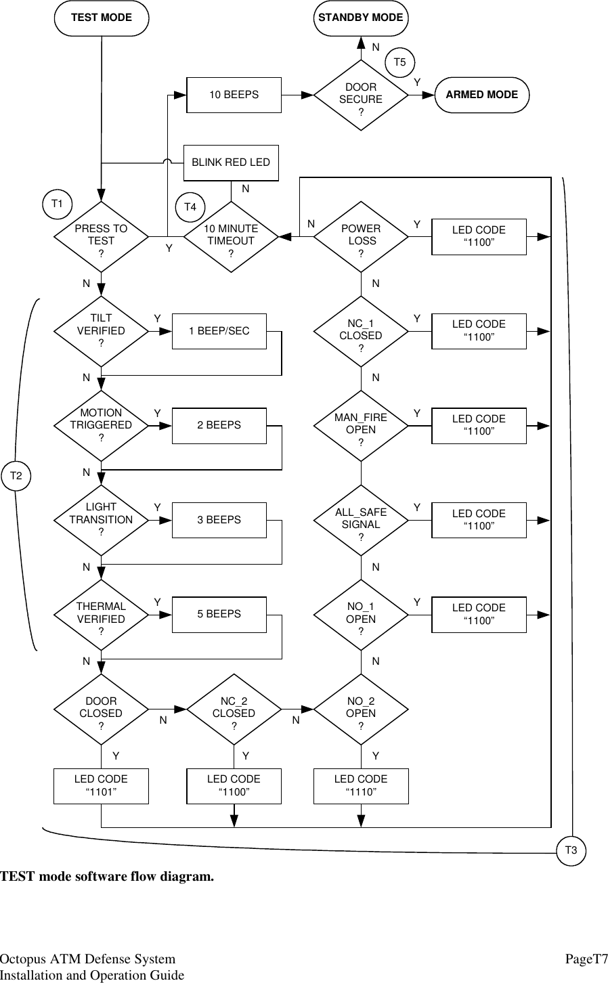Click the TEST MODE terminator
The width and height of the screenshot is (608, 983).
point(102,18)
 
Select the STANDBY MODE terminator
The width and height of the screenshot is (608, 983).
point(360,18)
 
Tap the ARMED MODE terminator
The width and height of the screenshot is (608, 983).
point(481,95)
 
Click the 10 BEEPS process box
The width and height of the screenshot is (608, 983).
point(233,95)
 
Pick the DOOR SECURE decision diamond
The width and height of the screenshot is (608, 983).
point(361,98)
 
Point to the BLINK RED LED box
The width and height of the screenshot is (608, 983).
point(231,162)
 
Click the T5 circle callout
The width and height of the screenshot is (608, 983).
point(400,62)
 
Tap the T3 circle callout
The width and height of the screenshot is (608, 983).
point(571,850)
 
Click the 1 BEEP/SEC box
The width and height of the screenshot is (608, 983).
point(219,331)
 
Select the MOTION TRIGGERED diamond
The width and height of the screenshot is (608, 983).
point(102,425)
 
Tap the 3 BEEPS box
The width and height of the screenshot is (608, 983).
point(219,520)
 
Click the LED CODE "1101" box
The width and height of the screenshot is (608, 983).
point(101,786)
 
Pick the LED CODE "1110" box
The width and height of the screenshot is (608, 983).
point(361,786)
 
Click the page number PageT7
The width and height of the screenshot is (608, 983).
point(586,959)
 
